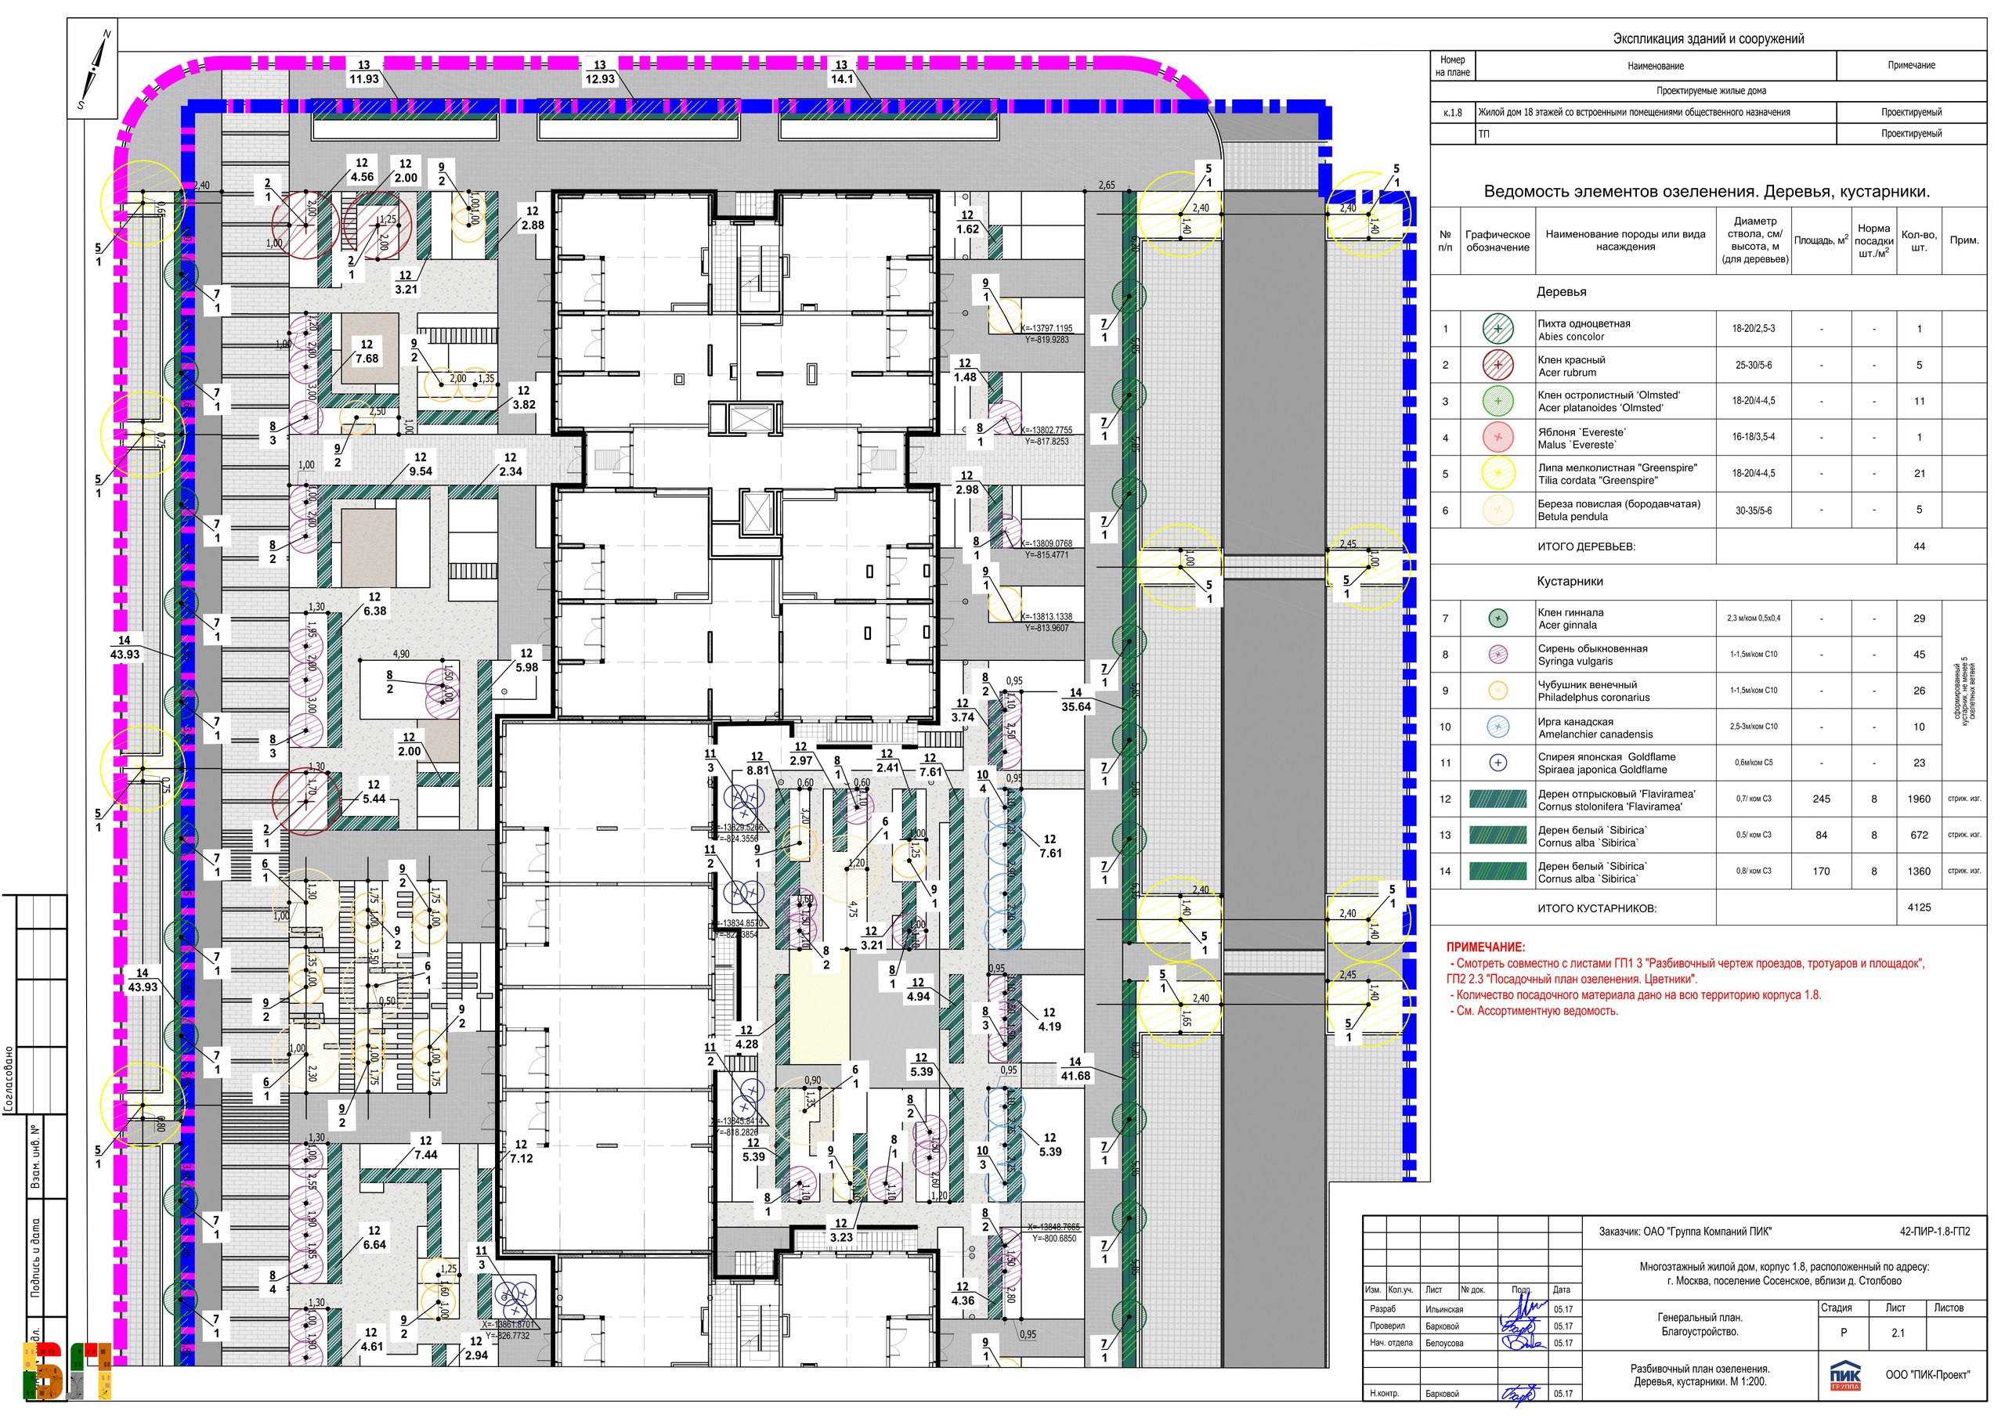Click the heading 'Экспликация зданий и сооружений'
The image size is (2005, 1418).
click(x=1708, y=38)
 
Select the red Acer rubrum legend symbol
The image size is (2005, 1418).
click(x=1497, y=365)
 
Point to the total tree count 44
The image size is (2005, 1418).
click(x=1919, y=547)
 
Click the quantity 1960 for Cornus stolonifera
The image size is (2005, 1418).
click(x=1919, y=799)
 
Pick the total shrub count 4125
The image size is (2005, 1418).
click(x=1919, y=907)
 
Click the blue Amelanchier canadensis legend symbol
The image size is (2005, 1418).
click(x=1497, y=727)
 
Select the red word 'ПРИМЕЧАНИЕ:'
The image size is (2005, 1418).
click(x=1486, y=947)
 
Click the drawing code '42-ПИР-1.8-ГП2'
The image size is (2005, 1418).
click(x=1935, y=1232)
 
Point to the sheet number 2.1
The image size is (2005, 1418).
click(x=1898, y=1333)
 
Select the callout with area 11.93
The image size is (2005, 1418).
click(x=364, y=73)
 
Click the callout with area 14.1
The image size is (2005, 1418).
click(x=841, y=73)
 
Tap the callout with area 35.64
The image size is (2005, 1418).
click(x=1076, y=700)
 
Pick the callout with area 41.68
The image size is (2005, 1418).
click(x=1075, y=1070)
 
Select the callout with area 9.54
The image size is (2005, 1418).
click(x=421, y=464)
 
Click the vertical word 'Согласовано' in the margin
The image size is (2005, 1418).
click(x=9, y=1078)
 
